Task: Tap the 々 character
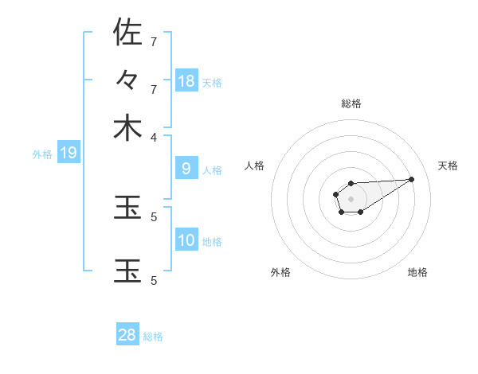click(127, 80)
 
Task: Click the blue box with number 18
click(186, 80)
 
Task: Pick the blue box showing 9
click(186, 168)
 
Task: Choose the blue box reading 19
click(68, 153)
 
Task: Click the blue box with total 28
click(127, 335)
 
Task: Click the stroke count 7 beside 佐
click(155, 41)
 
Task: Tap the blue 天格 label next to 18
click(212, 82)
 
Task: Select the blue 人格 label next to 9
click(212, 169)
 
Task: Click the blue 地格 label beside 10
click(212, 241)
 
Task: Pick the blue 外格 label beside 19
click(41, 154)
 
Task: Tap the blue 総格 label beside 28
click(153, 337)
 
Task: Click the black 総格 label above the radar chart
click(351, 103)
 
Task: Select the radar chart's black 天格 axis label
click(448, 166)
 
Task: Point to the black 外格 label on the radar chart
click(280, 272)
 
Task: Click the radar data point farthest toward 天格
click(413, 179)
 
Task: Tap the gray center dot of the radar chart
click(351, 198)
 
